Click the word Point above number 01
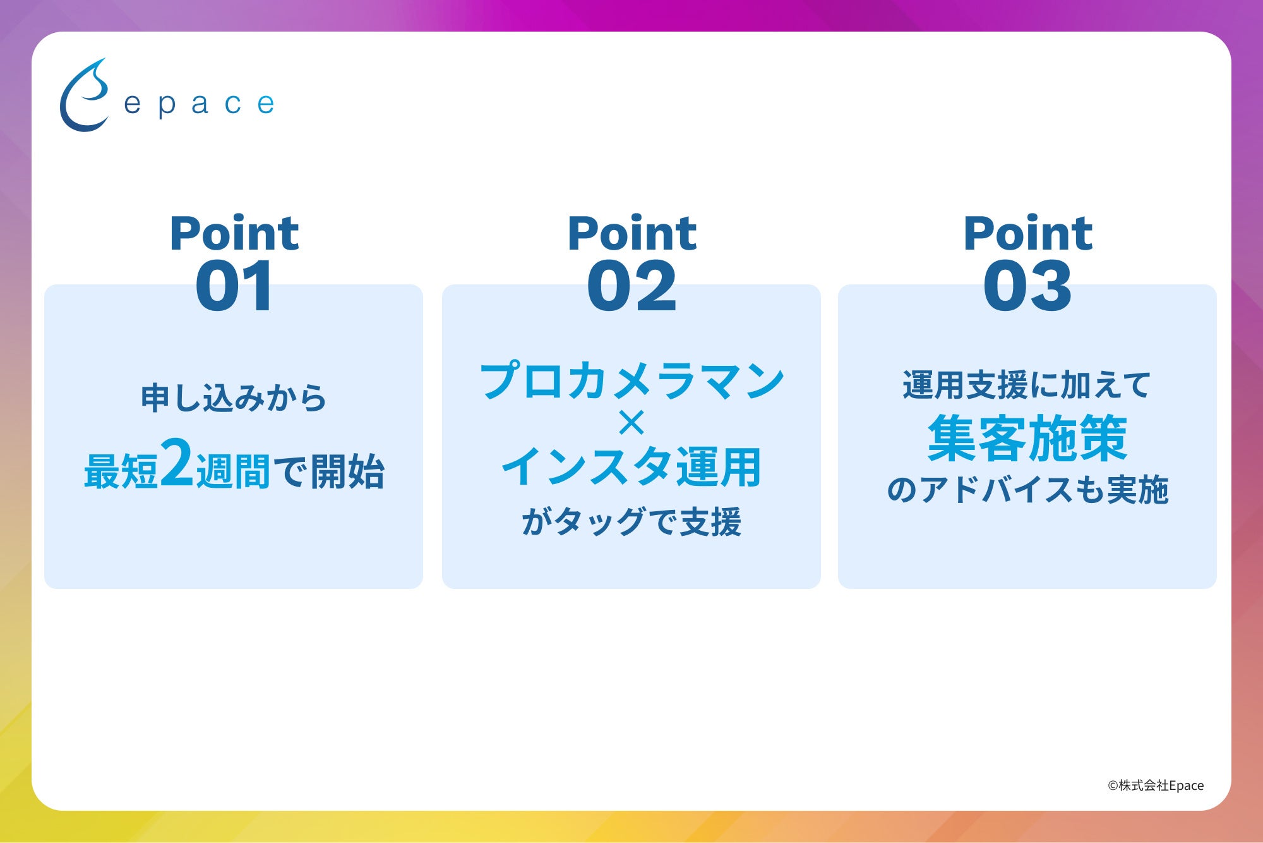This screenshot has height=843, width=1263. [x=234, y=233]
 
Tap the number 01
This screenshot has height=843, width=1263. [x=234, y=286]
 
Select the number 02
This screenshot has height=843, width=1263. [x=631, y=286]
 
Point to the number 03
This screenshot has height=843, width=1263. [x=1027, y=286]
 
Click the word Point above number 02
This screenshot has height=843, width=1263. [x=632, y=233]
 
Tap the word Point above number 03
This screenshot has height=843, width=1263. [x=1028, y=233]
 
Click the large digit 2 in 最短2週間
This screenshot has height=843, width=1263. [x=177, y=463]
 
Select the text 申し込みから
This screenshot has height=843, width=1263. [x=234, y=398]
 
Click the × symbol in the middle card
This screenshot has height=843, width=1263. [x=631, y=423]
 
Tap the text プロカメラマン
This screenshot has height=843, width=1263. [x=632, y=381]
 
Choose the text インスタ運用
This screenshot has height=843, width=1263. [x=631, y=467]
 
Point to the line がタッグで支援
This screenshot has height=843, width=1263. [x=631, y=523]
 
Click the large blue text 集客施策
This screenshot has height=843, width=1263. [x=1027, y=439]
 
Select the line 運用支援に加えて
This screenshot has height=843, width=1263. [x=1027, y=385]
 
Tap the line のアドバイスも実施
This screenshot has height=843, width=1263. [x=1027, y=490]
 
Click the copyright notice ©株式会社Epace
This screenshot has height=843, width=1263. [x=1156, y=785]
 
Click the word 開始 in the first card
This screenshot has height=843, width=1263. [x=347, y=471]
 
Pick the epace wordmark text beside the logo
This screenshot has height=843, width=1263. [x=199, y=104]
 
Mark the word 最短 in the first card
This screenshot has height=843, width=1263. [x=121, y=471]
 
